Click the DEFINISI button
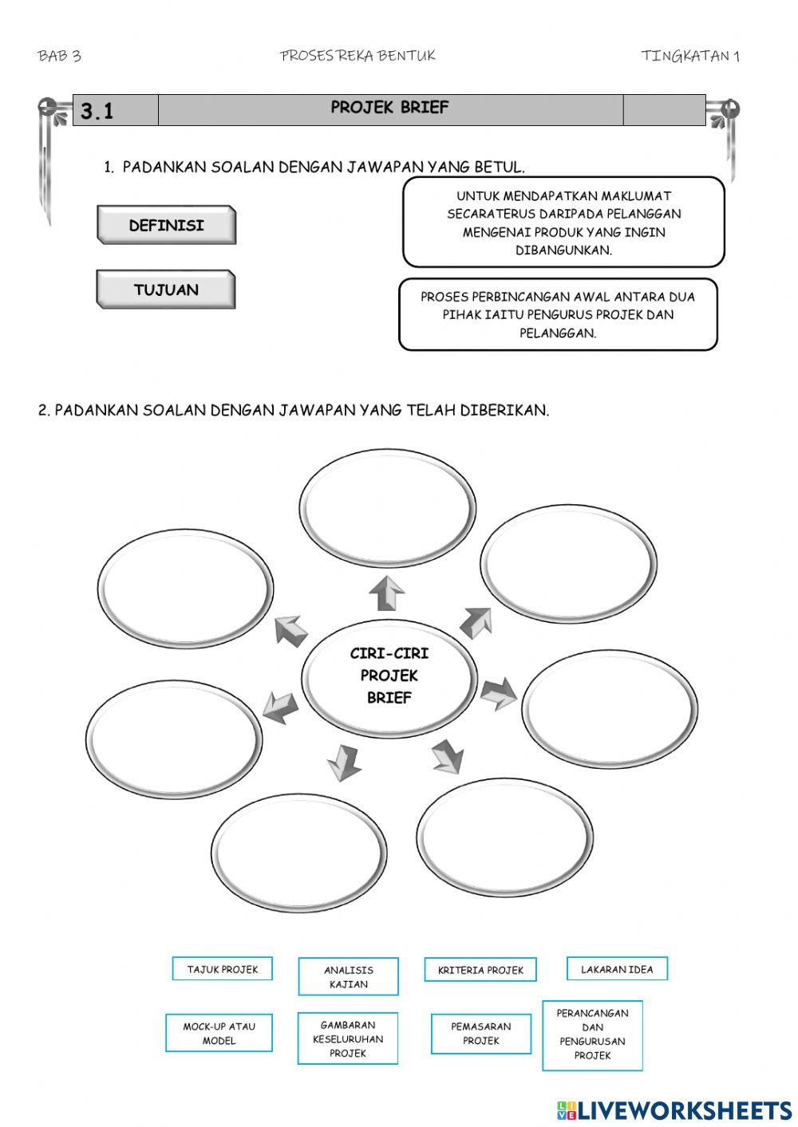(x=166, y=225)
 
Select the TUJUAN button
(x=166, y=290)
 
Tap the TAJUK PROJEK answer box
(x=222, y=969)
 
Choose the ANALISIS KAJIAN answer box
(x=348, y=977)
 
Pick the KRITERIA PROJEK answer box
(x=480, y=970)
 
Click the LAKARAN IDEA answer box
(x=617, y=969)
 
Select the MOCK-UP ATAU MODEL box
(x=219, y=1033)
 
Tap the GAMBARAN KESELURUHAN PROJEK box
(x=348, y=1038)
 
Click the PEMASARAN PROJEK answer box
(x=480, y=1033)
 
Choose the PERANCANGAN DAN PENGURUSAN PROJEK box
(x=592, y=1034)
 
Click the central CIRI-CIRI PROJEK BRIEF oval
(x=389, y=676)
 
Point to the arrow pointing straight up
(x=387, y=593)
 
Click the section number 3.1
(x=97, y=111)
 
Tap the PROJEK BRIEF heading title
(x=389, y=108)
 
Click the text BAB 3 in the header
(x=59, y=55)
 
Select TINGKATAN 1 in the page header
(x=690, y=55)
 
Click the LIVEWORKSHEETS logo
(x=674, y=1109)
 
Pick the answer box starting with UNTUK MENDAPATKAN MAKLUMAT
(x=563, y=223)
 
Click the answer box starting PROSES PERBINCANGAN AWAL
(x=558, y=314)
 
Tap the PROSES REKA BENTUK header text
(x=358, y=55)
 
